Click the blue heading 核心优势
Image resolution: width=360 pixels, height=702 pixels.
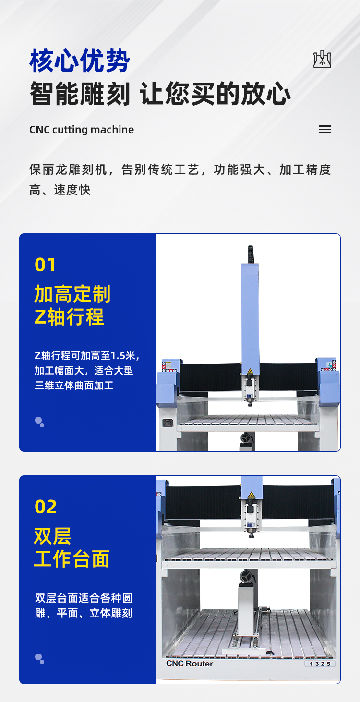point(80,61)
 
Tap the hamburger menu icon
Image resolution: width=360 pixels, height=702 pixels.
point(325,130)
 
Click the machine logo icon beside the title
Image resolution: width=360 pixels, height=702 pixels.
point(322,59)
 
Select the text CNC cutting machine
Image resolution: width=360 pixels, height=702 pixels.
point(82,130)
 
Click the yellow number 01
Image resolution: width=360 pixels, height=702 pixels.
point(45,265)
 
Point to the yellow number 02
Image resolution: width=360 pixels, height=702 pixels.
point(46,507)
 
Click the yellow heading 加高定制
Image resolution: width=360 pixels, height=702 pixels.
point(72,294)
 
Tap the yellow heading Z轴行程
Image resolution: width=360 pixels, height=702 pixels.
point(69,317)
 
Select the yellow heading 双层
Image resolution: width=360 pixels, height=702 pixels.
point(53,536)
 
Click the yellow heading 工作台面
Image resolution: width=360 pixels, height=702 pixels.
point(72,559)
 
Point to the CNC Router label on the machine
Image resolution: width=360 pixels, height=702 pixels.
point(190,664)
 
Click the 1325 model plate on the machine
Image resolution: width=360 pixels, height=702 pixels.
point(320,664)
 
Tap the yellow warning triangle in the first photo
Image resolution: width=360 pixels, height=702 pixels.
point(250,371)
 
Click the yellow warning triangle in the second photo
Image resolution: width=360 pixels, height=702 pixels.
point(251,495)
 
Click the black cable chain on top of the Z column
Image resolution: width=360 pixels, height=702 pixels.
point(250,254)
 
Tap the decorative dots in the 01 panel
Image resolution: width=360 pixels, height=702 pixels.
point(39,422)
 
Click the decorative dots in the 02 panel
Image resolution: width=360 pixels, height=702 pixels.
point(39,659)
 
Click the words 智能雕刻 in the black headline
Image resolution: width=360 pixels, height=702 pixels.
point(80,93)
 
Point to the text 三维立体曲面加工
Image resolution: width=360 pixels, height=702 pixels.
point(74,385)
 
